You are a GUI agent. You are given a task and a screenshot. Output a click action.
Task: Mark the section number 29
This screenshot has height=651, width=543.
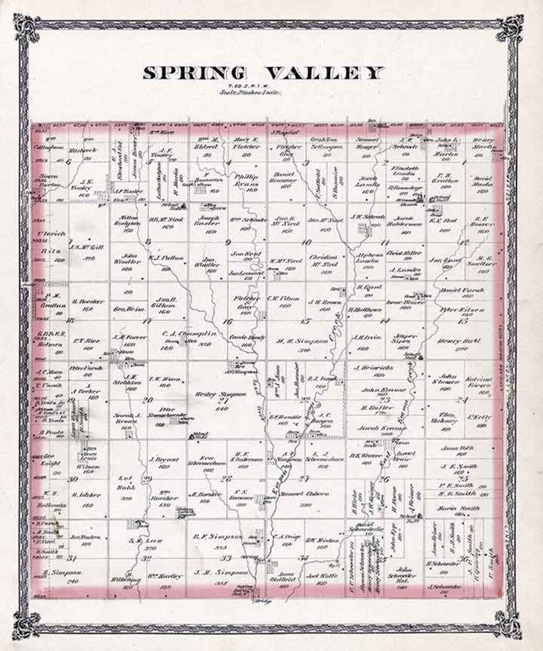[x=147, y=479]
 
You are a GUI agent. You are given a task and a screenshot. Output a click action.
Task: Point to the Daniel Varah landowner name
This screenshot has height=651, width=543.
[x=455, y=291]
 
